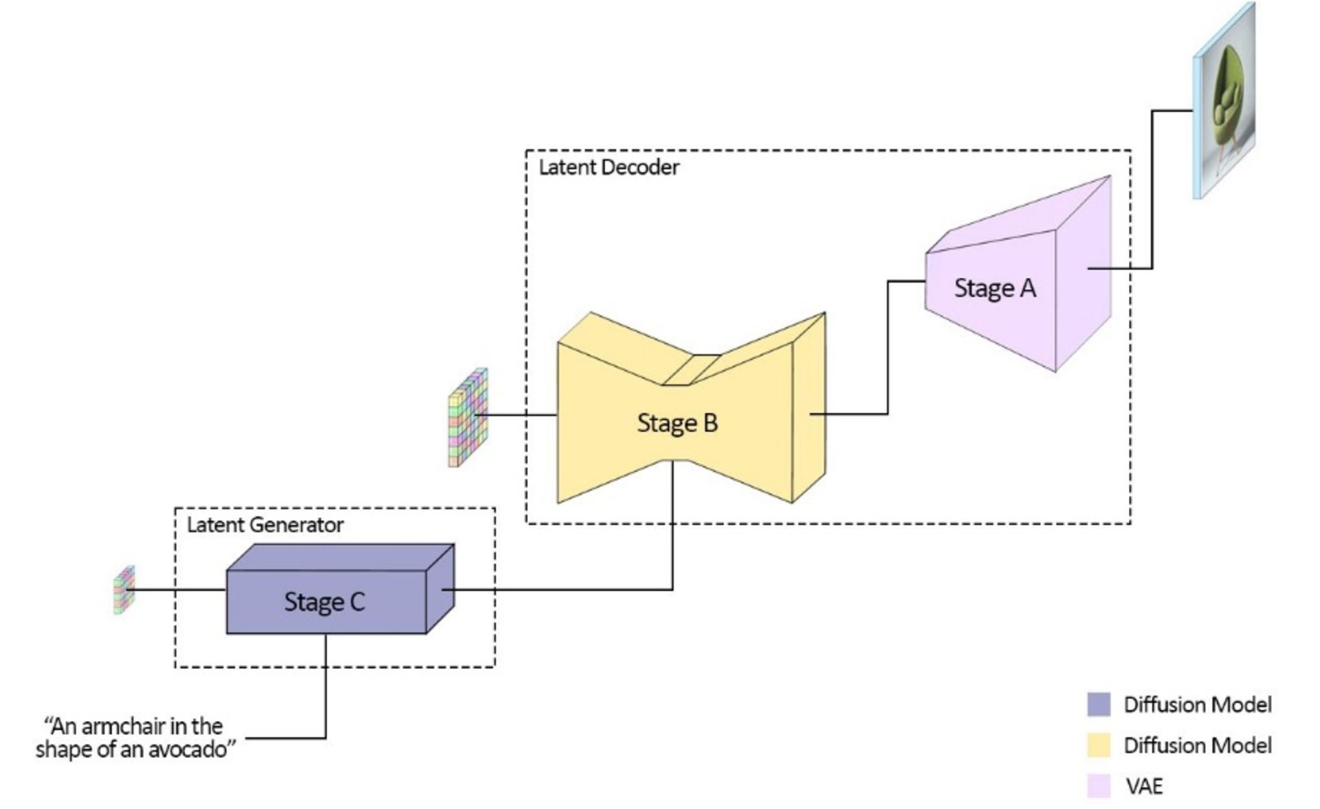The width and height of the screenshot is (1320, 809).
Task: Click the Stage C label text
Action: point(324,602)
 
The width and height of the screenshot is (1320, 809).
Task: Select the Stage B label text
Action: point(677,422)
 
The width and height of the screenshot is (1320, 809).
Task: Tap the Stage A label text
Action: point(994,288)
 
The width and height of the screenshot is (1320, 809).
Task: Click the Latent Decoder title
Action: point(608,167)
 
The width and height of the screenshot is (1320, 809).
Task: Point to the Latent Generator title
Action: point(265,525)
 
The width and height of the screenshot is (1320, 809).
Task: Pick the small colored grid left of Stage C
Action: point(124,590)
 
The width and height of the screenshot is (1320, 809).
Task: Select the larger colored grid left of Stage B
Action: point(468,418)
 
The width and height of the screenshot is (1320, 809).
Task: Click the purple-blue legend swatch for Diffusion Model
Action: point(1099,704)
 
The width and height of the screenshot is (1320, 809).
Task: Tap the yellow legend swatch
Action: point(1099,745)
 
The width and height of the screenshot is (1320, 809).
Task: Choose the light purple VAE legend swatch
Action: point(1099,786)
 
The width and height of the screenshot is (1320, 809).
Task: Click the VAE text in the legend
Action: point(1144,786)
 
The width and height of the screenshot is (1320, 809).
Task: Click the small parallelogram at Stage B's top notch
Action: point(691,370)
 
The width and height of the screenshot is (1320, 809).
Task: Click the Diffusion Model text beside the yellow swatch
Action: point(1197,745)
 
